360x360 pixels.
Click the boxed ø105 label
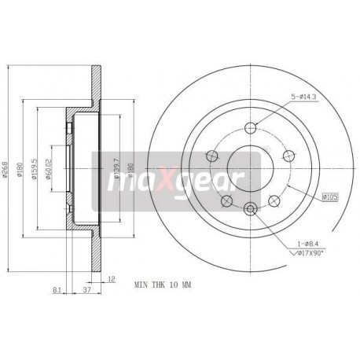click(x=332, y=197)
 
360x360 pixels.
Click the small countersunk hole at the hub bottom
click(x=251, y=208)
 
